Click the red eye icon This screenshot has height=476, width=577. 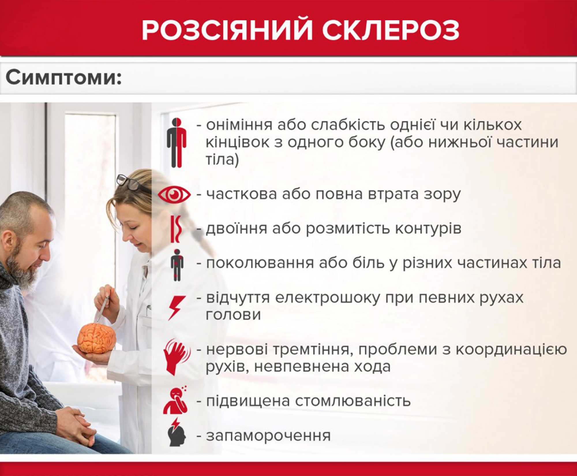point(174,195)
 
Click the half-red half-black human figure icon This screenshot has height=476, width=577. point(177,143)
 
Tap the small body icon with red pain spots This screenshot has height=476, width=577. point(177,265)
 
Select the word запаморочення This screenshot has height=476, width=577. point(268,436)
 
